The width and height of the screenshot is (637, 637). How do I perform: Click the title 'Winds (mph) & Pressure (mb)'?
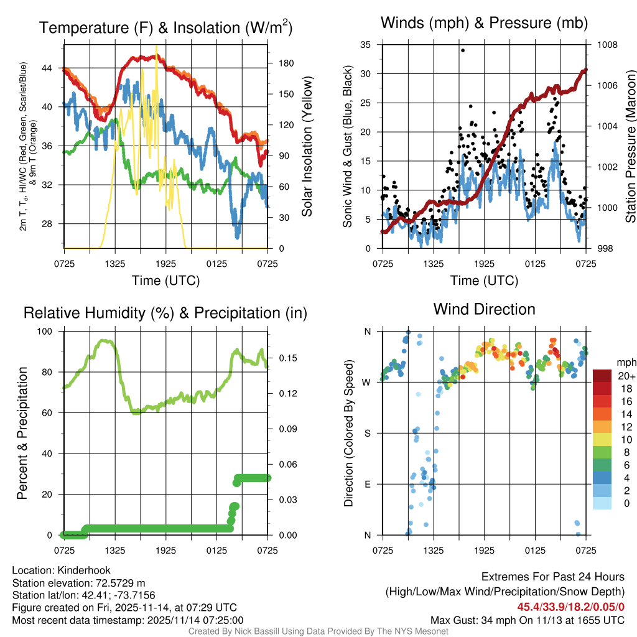coord(484,24)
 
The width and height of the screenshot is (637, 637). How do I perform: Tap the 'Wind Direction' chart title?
coord(484,309)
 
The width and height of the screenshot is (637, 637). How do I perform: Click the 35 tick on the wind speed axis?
coord(366,45)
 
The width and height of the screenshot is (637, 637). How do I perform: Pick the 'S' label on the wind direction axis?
coord(367,433)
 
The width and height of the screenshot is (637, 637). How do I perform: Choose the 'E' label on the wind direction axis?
coord(367,484)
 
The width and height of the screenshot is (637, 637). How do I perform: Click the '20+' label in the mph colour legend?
coord(626,376)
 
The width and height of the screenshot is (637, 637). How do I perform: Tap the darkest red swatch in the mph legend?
coord(603,376)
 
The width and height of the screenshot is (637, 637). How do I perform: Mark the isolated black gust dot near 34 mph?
coord(463,50)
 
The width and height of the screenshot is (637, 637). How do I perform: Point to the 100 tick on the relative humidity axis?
coord(45,332)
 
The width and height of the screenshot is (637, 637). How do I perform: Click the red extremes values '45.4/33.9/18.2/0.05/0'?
coord(570,607)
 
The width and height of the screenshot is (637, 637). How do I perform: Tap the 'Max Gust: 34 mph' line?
coord(528,620)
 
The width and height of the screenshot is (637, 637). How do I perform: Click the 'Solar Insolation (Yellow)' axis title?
coord(307,147)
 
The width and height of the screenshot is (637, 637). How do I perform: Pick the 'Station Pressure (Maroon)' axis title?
coord(630,147)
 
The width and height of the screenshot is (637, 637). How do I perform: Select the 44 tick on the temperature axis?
coord(46,68)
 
